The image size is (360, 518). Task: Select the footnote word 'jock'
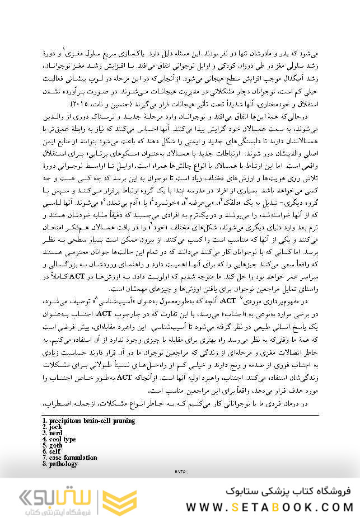tap(55, 427)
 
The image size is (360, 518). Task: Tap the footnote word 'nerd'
tap(56, 433)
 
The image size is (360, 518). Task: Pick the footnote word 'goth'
tap(55, 445)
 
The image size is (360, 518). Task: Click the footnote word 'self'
tap(54, 451)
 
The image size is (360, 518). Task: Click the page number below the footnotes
tap(180, 472)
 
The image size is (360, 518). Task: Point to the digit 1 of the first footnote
tap(44, 421)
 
